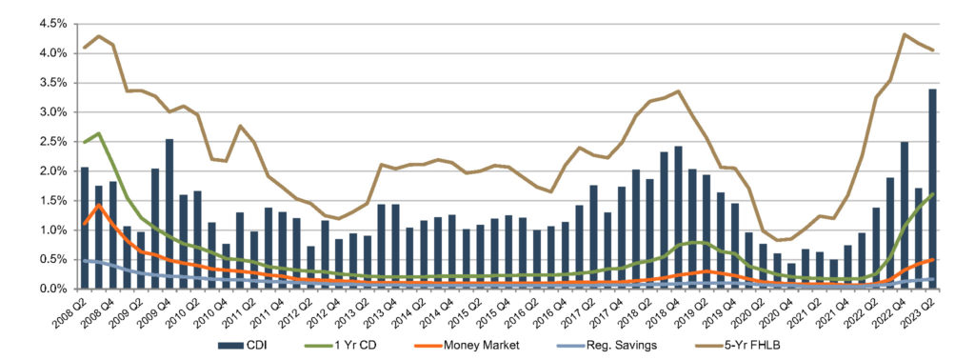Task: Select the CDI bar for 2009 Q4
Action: pyautogui.click(x=169, y=213)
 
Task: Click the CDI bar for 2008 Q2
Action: pyautogui.click(x=85, y=228)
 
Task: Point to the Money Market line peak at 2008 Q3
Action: pyautogui.click(x=99, y=205)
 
